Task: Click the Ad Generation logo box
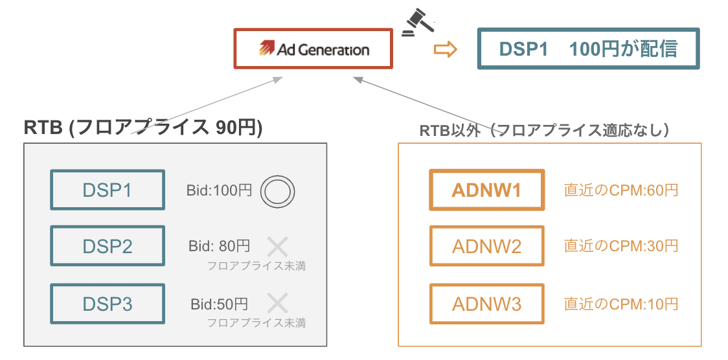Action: (313, 49)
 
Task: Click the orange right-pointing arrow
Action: (445, 50)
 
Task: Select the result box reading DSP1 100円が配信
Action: (588, 49)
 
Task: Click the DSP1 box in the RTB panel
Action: (108, 190)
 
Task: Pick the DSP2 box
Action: (108, 246)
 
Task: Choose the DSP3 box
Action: (108, 304)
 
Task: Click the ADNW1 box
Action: (486, 190)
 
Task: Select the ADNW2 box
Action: (486, 246)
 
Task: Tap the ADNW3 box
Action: (486, 304)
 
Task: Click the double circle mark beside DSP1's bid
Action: (278, 191)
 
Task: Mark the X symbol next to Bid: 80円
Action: (278, 246)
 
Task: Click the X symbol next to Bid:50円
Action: (278, 303)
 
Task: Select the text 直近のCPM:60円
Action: (621, 190)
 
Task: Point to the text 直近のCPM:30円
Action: (621, 246)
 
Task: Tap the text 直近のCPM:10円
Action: (621, 304)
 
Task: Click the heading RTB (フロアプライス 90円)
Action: (143, 128)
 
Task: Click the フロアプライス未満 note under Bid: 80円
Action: (256, 265)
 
